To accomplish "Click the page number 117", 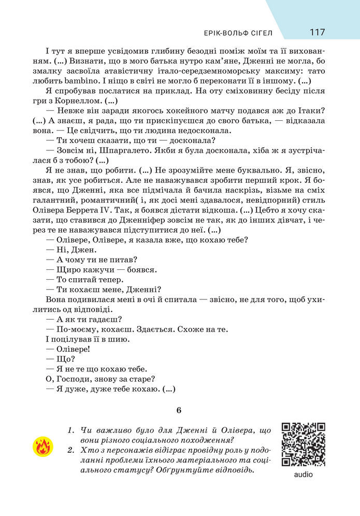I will coord(318,32).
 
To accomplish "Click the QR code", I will coord(303,444).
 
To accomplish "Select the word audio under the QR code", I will coord(303,474).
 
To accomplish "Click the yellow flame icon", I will coord(42,446).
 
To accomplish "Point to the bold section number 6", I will coord(179,410).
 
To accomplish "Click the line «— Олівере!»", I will coord(68,349).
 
